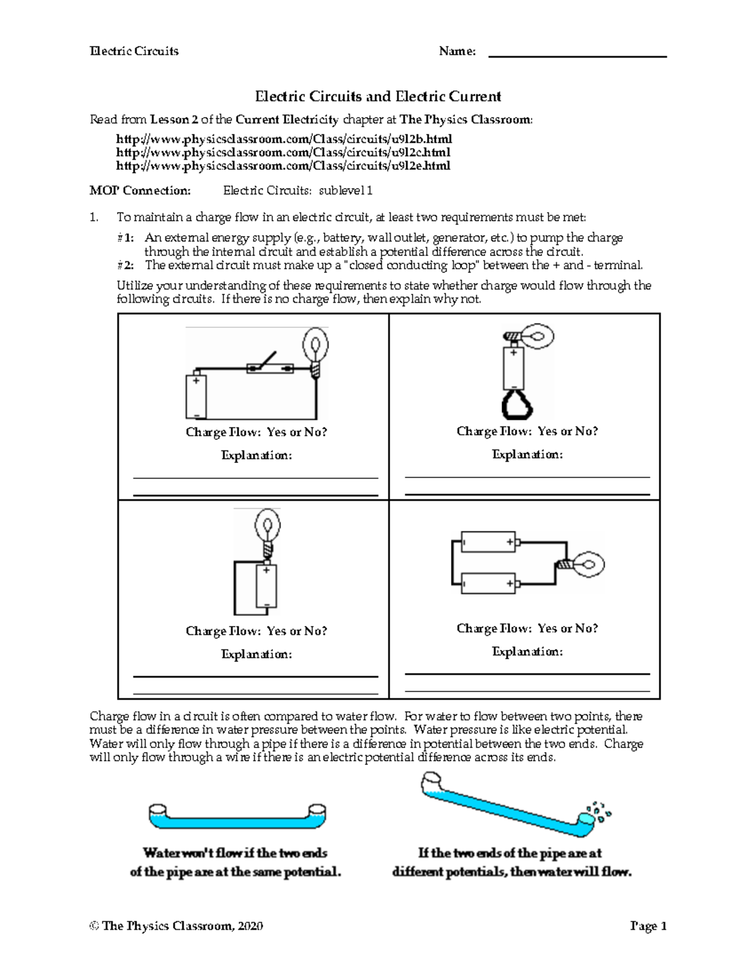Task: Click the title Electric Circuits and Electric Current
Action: pyautogui.click(x=377, y=96)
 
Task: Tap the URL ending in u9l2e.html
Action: pyautogui.click(x=284, y=166)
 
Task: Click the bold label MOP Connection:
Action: pyautogui.click(x=140, y=191)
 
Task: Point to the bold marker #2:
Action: pyautogui.click(x=126, y=265)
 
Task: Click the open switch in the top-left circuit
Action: pyautogui.click(x=271, y=364)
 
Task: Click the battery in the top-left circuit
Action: pyautogui.click(x=196, y=396)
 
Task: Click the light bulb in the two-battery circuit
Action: pyautogui.click(x=590, y=562)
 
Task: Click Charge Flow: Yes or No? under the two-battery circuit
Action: pyautogui.click(x=527, y=628)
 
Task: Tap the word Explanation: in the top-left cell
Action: pyautogui.click(x=256, y=455)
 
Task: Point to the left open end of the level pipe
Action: pyautogui.click(x=157, y=808)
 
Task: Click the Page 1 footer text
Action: pyautogui.click(x=648, y=926)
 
